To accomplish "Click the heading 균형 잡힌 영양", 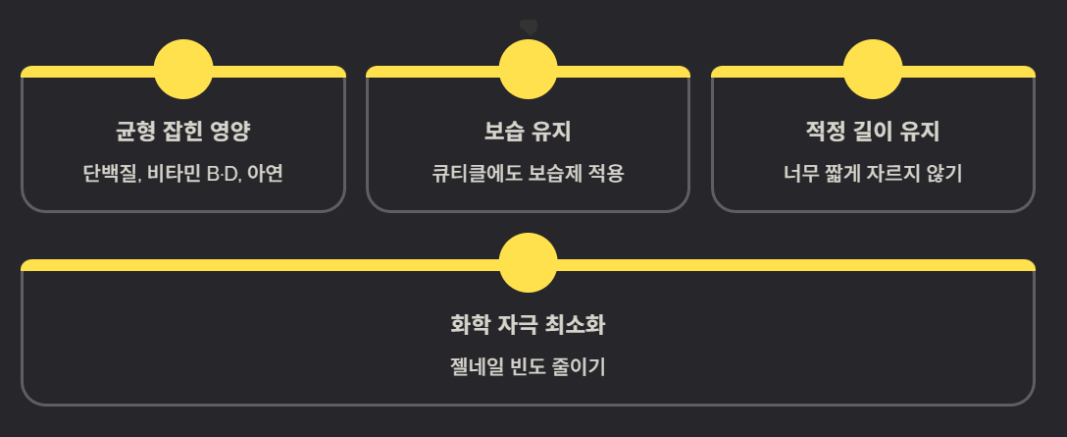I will point(183,132).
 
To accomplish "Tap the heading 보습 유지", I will point(528,132).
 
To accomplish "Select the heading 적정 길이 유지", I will point(873,132).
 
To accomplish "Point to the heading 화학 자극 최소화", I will point(528,324).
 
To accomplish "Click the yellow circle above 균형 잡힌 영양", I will point(183,70).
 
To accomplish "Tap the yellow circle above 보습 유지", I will point(528,70).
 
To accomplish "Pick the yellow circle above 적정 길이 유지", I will point(873,70).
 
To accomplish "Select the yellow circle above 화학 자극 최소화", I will point(528,263).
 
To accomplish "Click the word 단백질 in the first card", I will point(111,175).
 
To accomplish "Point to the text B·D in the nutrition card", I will point(223,175).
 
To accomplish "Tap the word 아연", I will point(266,175).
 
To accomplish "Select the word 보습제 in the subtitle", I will point(555,175).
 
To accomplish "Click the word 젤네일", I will point(474,368).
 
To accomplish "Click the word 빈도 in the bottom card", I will point(528,368).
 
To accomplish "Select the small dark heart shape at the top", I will point(529,27).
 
